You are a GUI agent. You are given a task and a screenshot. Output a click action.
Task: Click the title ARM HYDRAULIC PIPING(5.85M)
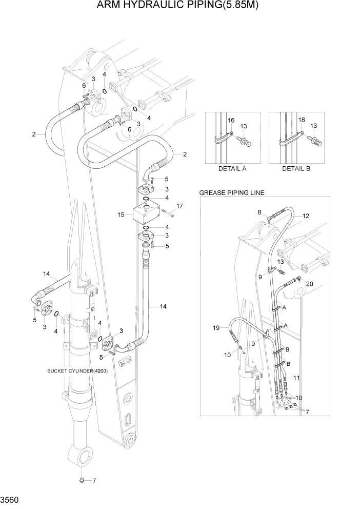179,6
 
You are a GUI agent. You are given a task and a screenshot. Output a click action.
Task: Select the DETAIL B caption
296,168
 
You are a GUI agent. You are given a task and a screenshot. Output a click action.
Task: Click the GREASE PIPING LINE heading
231,193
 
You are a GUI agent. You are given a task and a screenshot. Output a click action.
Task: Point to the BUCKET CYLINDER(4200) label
77,370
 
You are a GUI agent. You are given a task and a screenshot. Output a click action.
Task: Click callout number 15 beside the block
121,214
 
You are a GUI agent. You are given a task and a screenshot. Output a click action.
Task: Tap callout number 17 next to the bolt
179,206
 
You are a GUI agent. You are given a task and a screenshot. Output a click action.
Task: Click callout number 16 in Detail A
231,120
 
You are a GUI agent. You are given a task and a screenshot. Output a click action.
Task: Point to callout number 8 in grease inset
259,212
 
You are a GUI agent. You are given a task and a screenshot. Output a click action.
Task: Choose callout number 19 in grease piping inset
216,327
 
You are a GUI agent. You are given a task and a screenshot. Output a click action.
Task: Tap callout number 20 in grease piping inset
309,284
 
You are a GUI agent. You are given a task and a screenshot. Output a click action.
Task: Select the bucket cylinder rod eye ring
82,455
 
